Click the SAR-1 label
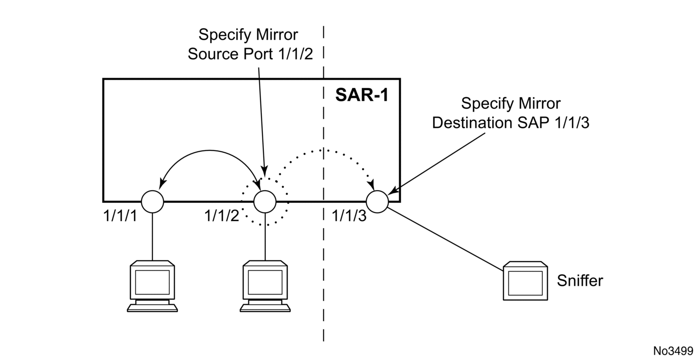coord(362,95)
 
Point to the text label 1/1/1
coord(120,215)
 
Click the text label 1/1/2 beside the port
coord(222,215)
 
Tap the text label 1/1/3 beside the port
coord(349,215)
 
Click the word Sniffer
coord(580,280)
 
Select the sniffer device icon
coord(525,281)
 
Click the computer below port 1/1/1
coord(152,286)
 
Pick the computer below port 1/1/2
coord(265,286)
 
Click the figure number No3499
coord(673,351)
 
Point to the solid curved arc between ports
coord(210,151)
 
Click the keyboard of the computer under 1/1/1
coord(152,308)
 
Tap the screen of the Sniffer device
coord(525,283)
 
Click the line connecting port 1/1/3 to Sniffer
coord(446,239)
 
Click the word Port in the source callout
coord(258,54)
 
